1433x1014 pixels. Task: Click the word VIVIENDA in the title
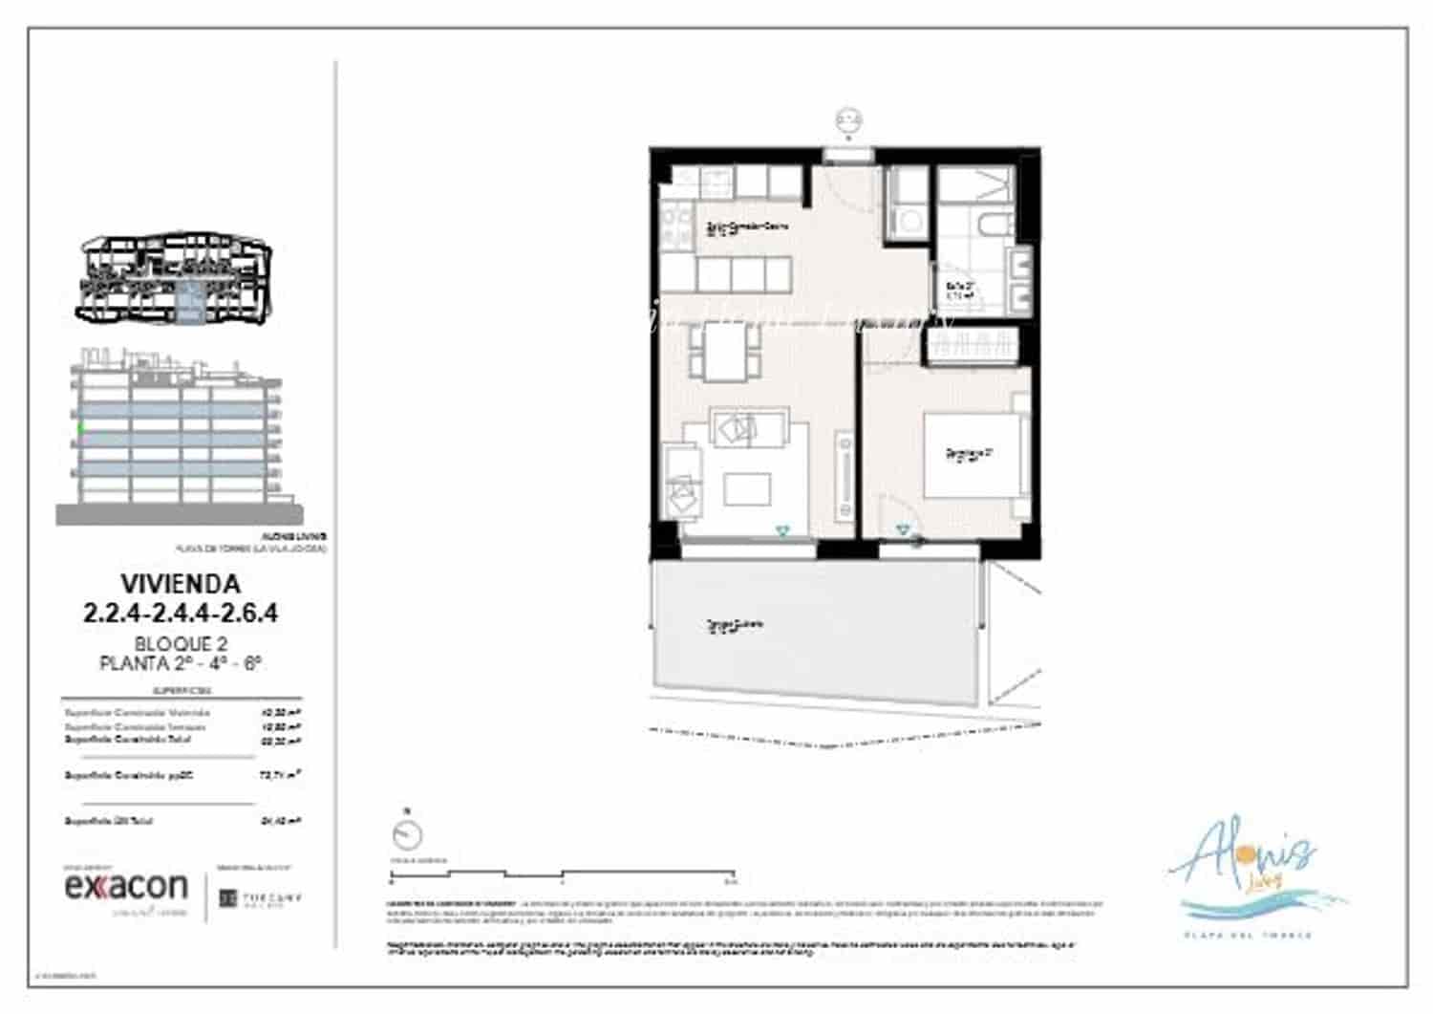click(x=181, y=583)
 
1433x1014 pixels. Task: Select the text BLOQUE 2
click(x=181, y=644)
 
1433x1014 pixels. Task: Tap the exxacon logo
click(x=126, y=887)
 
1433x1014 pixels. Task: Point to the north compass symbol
click(x=407, y=834)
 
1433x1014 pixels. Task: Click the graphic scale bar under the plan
click(x=562, y=874)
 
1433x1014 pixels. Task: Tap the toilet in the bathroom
click(x=993, y=227)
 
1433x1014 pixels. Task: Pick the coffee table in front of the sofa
click(x=747, y=488)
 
